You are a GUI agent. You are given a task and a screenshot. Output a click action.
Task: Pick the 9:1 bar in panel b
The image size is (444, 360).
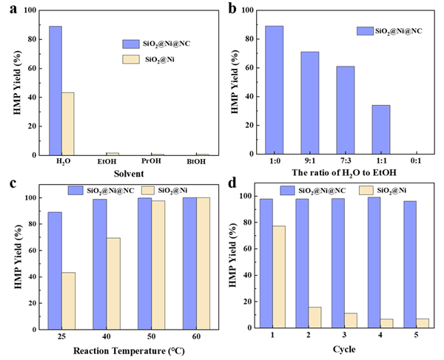click(x=310, y=103)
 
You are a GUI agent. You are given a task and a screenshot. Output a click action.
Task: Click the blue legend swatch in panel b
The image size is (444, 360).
click(x=366, y=30)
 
